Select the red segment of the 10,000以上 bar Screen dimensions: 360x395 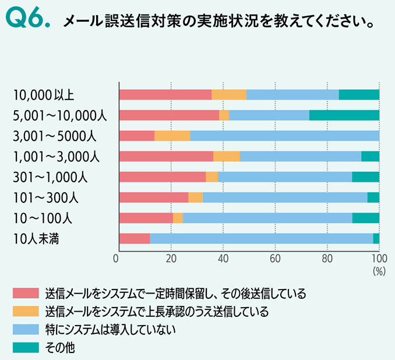point(165,95)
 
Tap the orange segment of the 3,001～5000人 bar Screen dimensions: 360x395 point(172,136)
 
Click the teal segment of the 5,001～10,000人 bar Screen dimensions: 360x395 point(344,115)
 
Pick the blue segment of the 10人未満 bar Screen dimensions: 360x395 point(261,238)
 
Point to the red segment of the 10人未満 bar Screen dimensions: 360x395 point(134,238)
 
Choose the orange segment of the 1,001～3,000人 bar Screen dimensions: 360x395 point(227,156)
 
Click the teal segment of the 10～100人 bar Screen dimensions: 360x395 point(365,218)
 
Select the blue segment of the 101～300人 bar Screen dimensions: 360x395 point(285,197)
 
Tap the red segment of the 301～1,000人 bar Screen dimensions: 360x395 point(162,177)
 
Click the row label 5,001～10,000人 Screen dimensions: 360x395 point(59,115)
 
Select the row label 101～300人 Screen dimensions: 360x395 point(45,197)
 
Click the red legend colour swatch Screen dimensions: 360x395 point(25,292)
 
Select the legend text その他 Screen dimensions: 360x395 point(61,348)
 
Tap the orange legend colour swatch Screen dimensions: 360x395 point(25,311)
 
